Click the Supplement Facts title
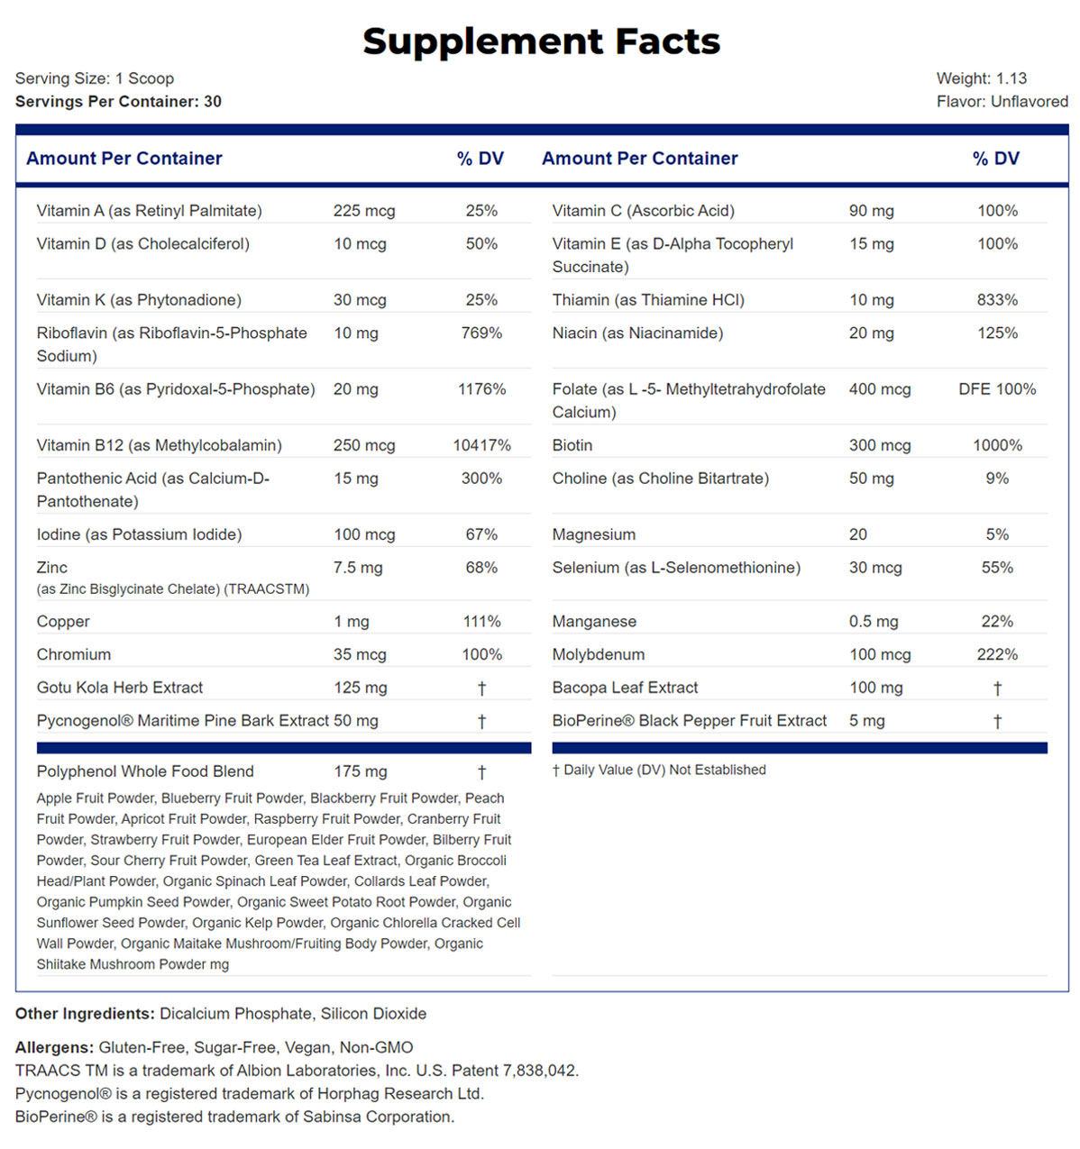(x=541, y=41)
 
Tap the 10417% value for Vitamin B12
(x=481, y=445)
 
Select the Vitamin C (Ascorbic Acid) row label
(x=643, y=211)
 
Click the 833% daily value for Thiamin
(x=997, y=300)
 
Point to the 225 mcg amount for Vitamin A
(x=364, y=211)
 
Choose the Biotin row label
(x=572, y=445)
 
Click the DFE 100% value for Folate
(x=997, y=389)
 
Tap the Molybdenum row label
(x=599, y=655)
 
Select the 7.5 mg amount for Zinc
(x=358, y=568)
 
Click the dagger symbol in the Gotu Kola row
(x=481, y=688)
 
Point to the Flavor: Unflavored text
(x=1002, y=102)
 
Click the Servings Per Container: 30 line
(x=118, y=102)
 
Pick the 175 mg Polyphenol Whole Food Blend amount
(x=361, y=771)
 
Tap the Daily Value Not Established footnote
(x=659, y=771)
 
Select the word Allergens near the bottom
(x=54, y=1047)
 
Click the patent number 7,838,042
(x=540, y=1071)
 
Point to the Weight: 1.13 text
(x=981, y=78)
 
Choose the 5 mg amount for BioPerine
(x=866, y=721)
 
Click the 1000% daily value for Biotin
(x=997, y=445)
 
